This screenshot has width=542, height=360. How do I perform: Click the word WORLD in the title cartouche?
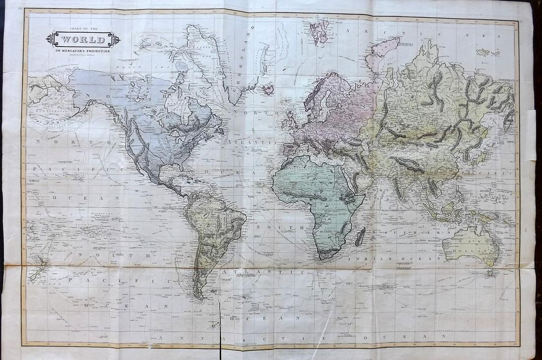click(83, 39)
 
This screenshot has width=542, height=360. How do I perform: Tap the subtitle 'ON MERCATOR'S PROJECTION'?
click(83, 51)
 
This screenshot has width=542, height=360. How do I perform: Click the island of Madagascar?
click(361, 236)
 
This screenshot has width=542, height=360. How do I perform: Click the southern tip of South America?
click(199, 296)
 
